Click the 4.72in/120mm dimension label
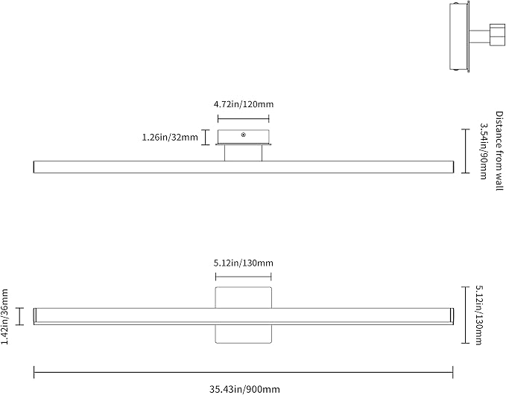(x=244, y=104)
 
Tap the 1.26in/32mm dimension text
(x=170, y=138)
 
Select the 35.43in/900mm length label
(x=244, y=389)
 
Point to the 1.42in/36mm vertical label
(x=4, y=316)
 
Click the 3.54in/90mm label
(x=483, y=151)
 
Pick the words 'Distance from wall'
(x=499, y=151)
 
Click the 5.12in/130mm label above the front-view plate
(x=244, y=263)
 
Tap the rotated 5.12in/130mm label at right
(x=479, y=315)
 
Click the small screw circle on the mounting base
(x=244, y=135)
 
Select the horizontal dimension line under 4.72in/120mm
(x=244, y=119)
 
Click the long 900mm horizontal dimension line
(x=244, y=373)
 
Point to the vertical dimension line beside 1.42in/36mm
(x=20, y=316)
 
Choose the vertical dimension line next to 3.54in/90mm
(x=465, y=151)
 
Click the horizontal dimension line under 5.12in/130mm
(x=244, y=277)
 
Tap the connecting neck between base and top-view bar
(x=244, y=152)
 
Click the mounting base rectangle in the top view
(x=244, y=137)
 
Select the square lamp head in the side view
(x=497, y=34)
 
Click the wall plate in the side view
(x=460, y=36)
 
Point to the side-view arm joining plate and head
(x=479, y=36)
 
